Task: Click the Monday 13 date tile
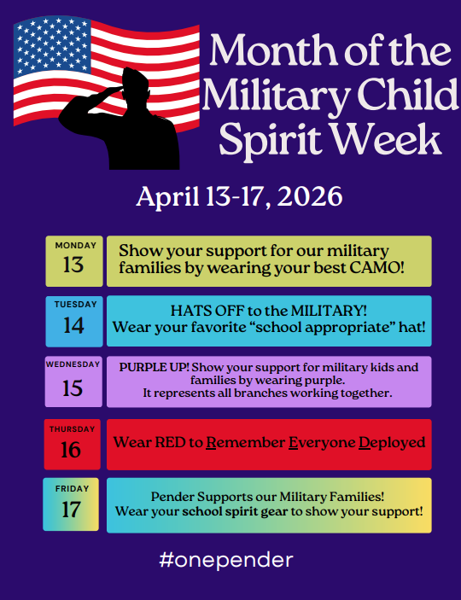pyautogui.click(x=74, y=260)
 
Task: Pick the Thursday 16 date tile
pyautogui.click(x=73, y=444)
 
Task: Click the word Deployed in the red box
pyautogui.click(x=390, y=444)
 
